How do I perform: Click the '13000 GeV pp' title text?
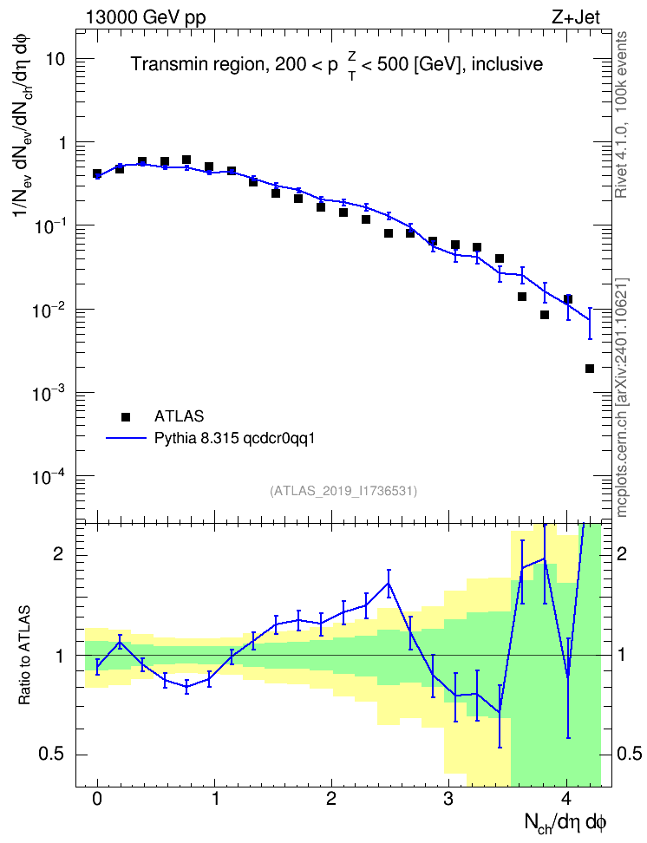(x=146, y=17)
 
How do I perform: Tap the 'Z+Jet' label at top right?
(x=576, y=17)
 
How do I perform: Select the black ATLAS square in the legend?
(x=126, y=416)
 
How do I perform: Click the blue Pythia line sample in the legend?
(x=126, y=438)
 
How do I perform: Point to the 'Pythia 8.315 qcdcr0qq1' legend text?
(x=234, y=439)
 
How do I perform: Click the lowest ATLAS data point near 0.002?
(x=590, y=369)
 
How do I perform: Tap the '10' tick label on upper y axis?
(x=55, y=59)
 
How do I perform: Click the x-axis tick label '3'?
(x=448, y=799)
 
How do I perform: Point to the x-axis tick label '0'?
(x=97, y=799)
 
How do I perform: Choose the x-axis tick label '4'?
(x=566, y=799)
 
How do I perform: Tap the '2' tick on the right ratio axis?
(x=622, y=553)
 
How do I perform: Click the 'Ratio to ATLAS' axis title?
(x=24, y=656)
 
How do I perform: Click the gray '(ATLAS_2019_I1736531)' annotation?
(x=343, y=491)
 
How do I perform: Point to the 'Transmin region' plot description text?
(x=197, y=64)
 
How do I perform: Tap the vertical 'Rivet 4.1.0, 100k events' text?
(x=621, y=114)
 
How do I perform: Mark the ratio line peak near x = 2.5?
(x=389, y=583)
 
